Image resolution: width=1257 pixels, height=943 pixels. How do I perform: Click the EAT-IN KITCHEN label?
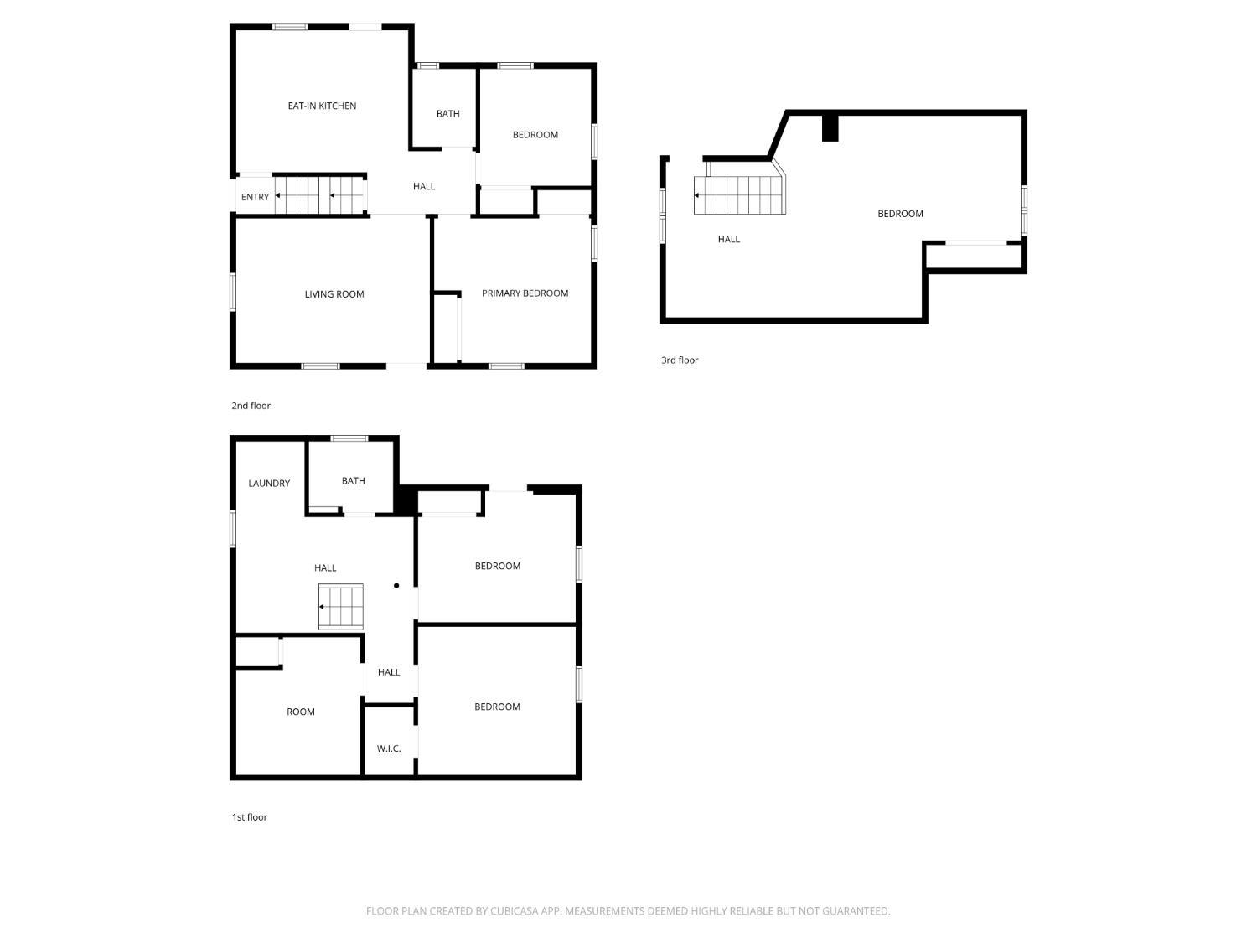322,106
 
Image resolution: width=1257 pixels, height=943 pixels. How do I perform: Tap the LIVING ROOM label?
334,294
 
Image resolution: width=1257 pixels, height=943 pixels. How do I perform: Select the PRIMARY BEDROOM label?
525,293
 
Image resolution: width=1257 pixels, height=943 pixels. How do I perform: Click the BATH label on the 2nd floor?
447,114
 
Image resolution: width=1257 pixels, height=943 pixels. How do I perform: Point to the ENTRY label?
255,197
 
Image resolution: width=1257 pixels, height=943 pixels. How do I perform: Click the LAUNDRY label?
269,484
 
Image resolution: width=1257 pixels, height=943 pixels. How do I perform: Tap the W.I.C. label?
389,749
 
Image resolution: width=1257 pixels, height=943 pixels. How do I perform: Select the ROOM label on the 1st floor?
301,712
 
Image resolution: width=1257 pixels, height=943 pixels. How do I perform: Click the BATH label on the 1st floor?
354,481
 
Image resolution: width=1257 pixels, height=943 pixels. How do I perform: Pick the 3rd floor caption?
680,360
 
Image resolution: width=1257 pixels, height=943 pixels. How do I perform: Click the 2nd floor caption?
251,406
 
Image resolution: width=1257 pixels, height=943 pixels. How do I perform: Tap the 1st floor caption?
250,817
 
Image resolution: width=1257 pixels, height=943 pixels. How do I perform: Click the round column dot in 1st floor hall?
396,586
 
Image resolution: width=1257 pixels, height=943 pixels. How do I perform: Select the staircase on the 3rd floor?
739,195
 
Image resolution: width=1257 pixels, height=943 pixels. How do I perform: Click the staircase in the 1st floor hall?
341,607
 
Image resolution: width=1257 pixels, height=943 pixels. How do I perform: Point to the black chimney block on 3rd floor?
830,127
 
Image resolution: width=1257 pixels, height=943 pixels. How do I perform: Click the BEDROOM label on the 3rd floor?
900,214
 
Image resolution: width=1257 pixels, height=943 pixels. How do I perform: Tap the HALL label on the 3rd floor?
729,240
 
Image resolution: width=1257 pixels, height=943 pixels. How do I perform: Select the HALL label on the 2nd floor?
424,187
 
